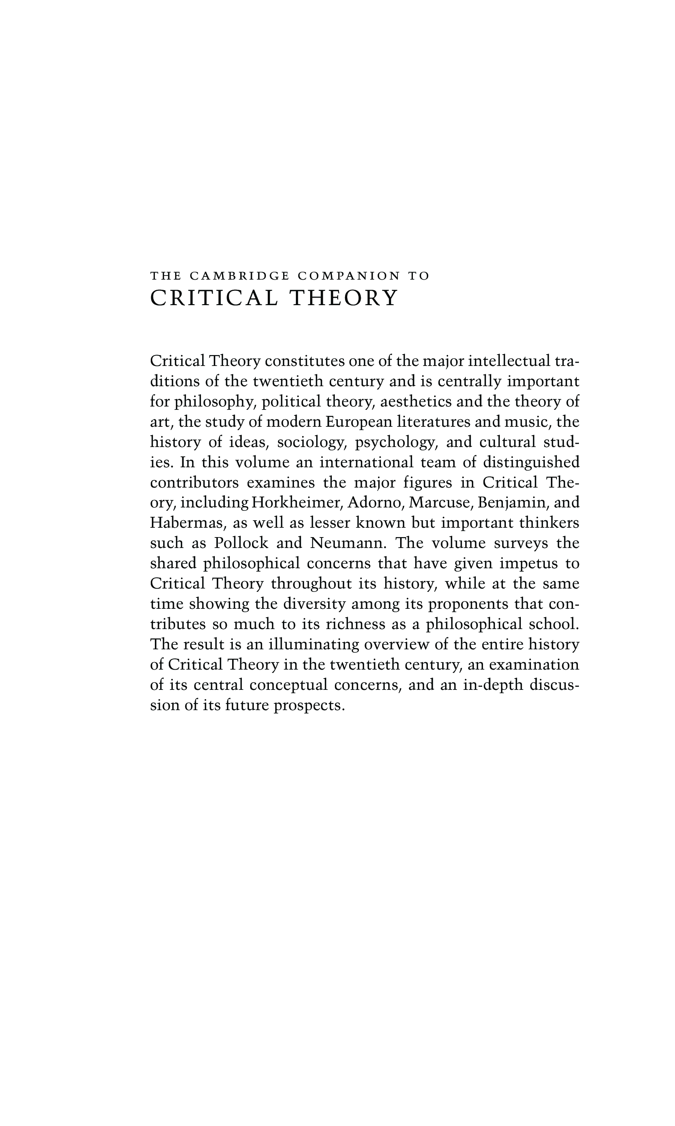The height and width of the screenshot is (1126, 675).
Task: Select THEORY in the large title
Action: click(344, 298)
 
